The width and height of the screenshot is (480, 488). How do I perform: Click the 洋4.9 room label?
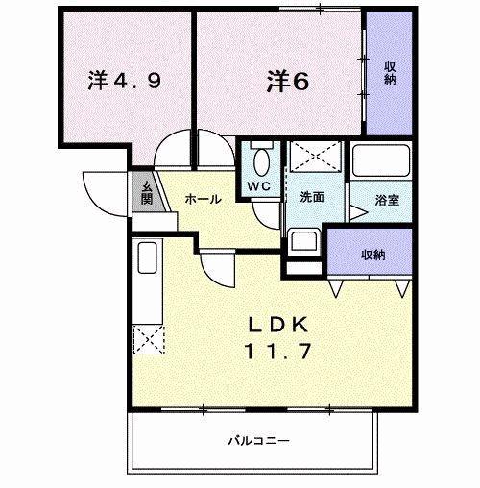pos(124,82)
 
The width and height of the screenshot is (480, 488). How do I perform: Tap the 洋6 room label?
pos(286,82)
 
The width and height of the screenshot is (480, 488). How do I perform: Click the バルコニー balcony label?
pos(258,441)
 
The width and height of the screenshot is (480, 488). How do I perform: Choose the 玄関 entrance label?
pos(147,193)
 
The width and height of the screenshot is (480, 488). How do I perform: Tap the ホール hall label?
pos(203,199)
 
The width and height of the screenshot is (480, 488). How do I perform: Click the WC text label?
pos(258,186)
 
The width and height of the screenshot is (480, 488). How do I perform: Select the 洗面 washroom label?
pos(310,197)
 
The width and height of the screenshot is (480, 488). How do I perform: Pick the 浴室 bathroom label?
pos(387,201)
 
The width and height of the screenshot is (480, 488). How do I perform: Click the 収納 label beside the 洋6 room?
pos(391,72)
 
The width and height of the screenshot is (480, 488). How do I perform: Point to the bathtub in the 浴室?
pos(380,161)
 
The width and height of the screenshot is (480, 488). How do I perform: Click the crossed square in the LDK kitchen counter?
pos(150,339)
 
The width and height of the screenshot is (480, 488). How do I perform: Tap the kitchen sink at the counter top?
pos(149,260)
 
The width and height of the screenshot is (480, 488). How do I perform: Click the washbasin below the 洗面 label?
pos(305,241)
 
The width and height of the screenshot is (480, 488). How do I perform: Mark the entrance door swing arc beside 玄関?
pos(99,190)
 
